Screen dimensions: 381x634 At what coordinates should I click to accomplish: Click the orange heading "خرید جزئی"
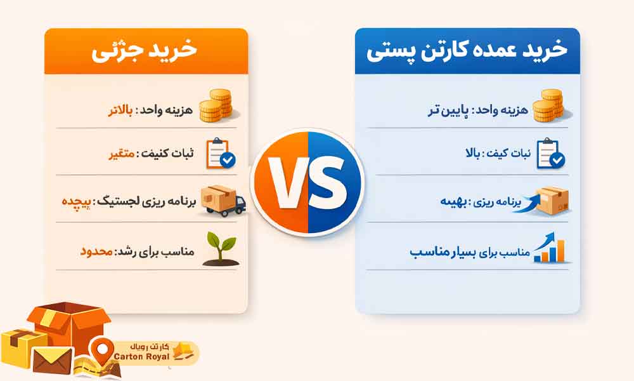coord(145,51)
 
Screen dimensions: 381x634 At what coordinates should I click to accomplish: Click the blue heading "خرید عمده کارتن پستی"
coord(467,51)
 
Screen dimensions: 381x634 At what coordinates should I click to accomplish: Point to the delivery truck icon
coord(222,201)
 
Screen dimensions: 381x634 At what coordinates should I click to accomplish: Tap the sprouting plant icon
coord(222,247)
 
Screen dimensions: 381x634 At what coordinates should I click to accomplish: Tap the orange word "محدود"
coord(96,251)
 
